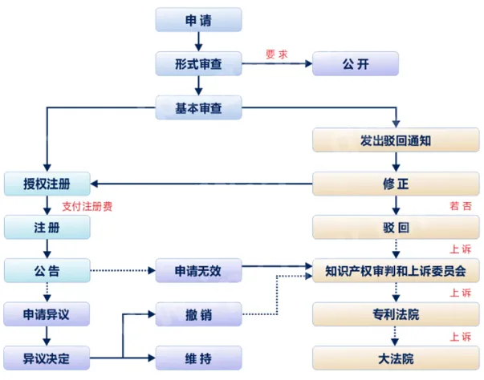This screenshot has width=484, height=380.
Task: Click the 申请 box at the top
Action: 198,20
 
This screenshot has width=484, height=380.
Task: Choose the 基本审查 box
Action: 198,106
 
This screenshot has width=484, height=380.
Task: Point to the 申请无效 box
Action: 198,270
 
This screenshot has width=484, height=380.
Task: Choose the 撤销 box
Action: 198,314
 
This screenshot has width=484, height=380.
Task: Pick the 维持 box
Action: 198,357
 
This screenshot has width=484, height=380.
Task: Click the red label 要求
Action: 276,55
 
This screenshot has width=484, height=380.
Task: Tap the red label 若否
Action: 461,206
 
